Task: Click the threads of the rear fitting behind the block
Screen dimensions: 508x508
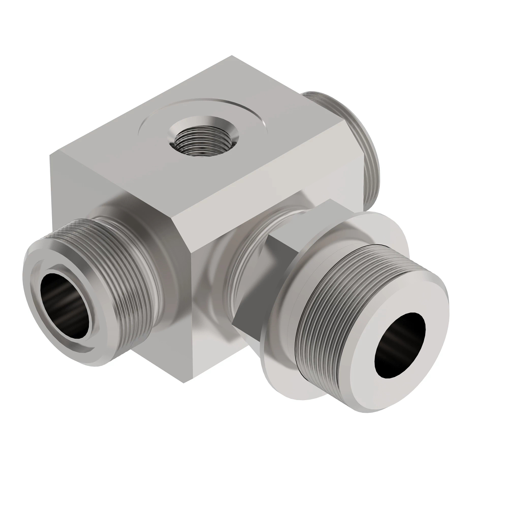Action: (x=364, y=144)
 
